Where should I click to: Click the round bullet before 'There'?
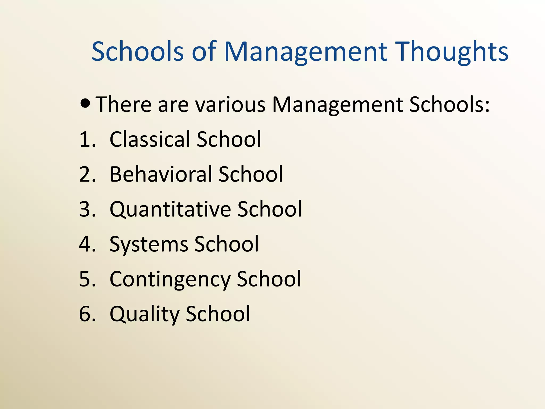pos(85,103)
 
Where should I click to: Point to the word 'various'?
pos(230,104)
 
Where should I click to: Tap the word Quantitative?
pos(170,209)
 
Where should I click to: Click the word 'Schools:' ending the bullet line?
pos(449,104)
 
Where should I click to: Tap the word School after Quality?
pos(218,314)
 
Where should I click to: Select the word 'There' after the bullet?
pos(123,104)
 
